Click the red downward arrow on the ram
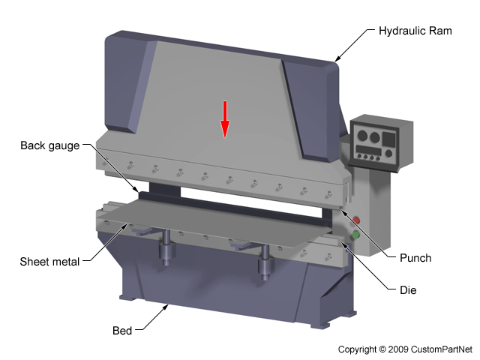pos(223,119)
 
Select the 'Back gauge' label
pos(49,145)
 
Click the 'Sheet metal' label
pos(49,262)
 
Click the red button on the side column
pos(356,220)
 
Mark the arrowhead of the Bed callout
pos(169,305)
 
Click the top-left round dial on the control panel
pos(362,136)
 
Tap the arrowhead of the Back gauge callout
pos(136,187)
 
